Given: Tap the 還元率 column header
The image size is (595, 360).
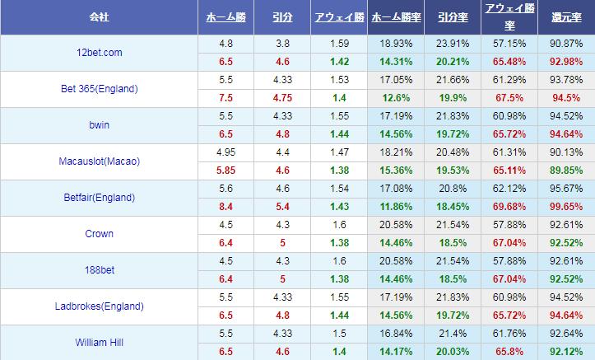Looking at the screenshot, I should click(566, 16).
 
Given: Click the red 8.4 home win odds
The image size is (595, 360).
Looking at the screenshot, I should click(225, 206).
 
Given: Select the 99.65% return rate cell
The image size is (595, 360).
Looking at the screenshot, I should click(566, 206).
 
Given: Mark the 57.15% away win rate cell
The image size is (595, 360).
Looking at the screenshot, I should click(507, 44).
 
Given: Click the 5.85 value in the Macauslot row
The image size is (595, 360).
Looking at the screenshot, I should click(225, 170).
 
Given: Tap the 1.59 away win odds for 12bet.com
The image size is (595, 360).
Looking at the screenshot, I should click(337, 44).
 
